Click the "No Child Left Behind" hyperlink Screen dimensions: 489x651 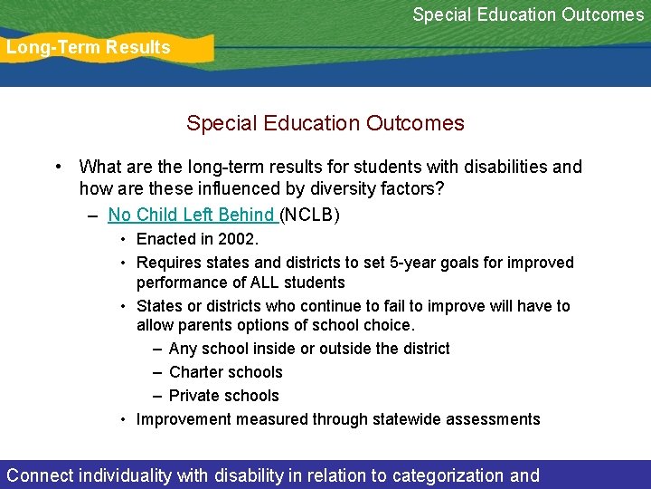tap(191, 215)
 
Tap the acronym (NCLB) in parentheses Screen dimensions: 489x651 tap(310, 215)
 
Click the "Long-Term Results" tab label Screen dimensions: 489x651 tap(89, 48)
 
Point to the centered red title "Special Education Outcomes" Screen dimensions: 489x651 tap(325, 123)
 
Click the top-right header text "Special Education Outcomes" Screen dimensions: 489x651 tap(528, 14)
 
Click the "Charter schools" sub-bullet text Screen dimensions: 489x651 tap(226, 372)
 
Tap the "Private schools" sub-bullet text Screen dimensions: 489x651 tap(224, 396)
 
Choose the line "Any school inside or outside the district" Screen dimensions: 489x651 tap(309, 349)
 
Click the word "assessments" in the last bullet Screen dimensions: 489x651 tap(497, 419)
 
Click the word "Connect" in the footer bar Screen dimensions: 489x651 tap(41, 475)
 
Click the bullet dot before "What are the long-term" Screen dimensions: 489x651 tap(57, 167)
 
